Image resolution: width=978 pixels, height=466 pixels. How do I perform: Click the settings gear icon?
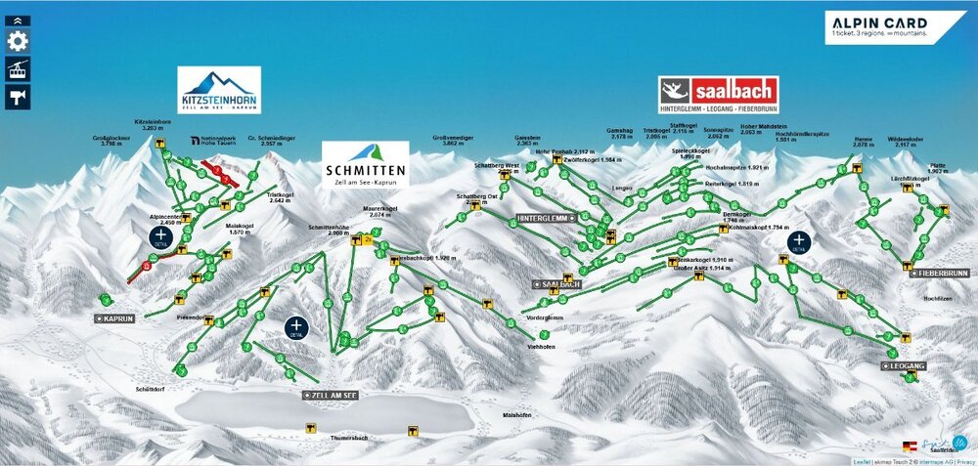pos(17,42)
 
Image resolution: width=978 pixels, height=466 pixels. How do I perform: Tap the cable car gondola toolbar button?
pos(17,68)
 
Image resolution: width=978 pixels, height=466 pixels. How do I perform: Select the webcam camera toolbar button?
pos(17,95)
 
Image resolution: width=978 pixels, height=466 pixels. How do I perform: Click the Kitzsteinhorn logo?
pos(220,90)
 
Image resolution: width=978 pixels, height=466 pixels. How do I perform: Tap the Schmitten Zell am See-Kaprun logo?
pos(365,163)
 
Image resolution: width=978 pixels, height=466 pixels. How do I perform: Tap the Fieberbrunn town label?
pos(941,273)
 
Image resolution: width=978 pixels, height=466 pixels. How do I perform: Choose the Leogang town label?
pos(908,365)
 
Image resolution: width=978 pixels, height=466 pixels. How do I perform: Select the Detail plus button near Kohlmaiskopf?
pos(800,241)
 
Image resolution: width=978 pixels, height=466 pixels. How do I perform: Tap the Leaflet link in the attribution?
pos(861,461)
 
